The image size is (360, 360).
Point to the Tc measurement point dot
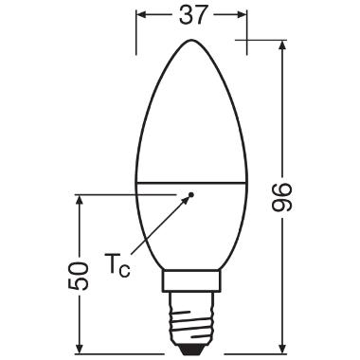[190, 194]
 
